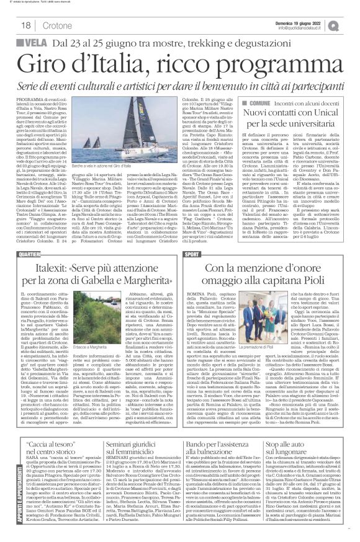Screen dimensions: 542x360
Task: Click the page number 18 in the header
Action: pos(11,24)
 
